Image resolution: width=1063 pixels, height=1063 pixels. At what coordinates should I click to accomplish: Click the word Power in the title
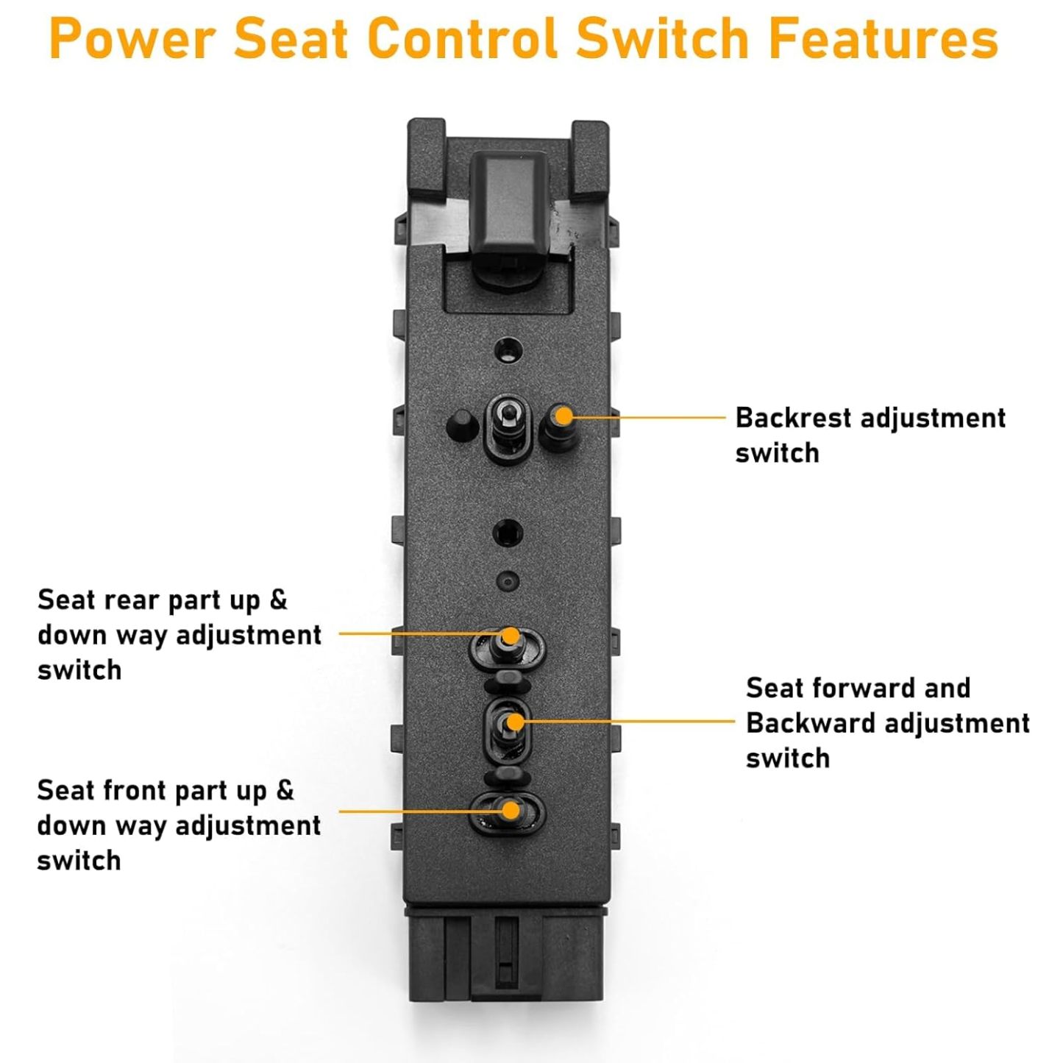pyautogui.click(x=132, y=38)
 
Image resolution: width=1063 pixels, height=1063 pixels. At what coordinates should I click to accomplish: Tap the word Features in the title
pyautogui.click(x=883, y=38)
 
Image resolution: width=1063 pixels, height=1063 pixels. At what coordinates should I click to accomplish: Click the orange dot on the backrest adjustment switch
pyautogui.click(x=564, y=416)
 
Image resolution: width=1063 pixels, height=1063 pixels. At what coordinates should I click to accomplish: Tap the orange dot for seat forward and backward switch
pyautogui.click(x=516, y=722)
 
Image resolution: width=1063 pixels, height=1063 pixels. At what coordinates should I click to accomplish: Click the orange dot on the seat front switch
pyautogui.click(x=510, y=811)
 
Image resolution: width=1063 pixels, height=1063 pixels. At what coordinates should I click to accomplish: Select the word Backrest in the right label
pyautogui.click(x=793, y=418)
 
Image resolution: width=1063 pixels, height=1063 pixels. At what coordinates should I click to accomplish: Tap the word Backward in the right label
pyautogui.click(x=809, y=724)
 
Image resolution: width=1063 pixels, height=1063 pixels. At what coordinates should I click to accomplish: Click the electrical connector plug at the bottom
pyautogui.click(x=506, y=956)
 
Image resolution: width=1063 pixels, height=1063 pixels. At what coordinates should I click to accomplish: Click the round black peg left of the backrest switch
pyautogui.click(x=463, y=425)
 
